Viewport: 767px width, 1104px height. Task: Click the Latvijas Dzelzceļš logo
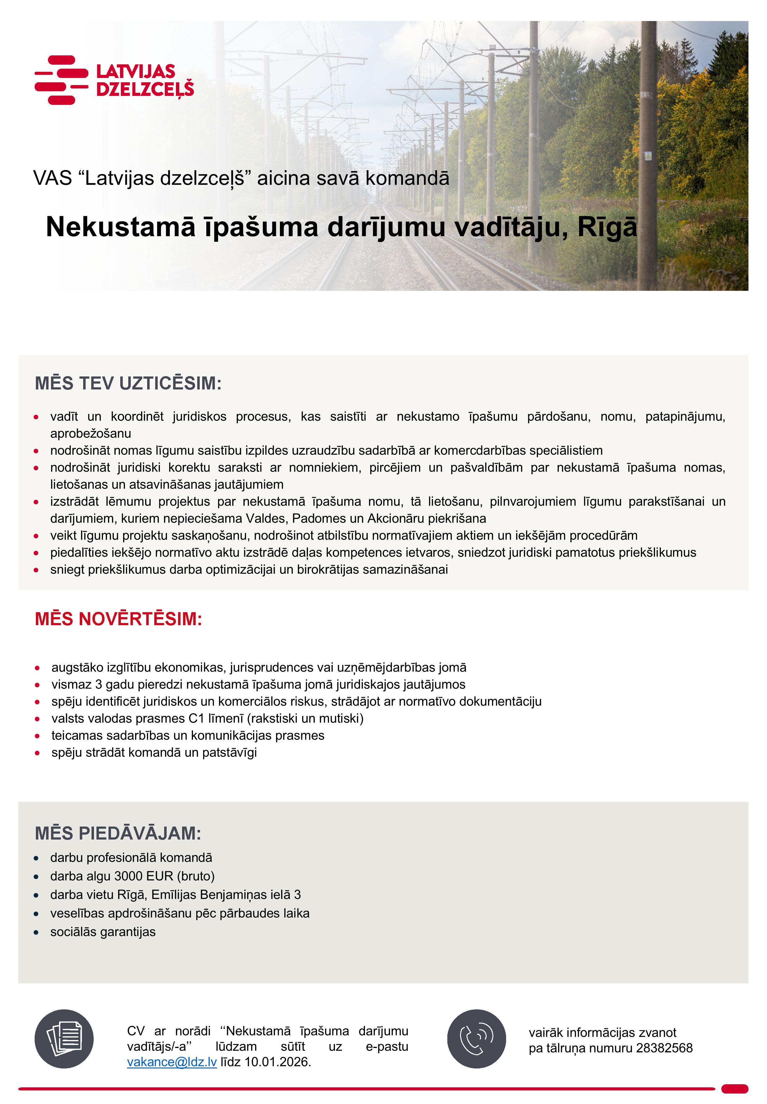pyautogui.click(x=114, y=80)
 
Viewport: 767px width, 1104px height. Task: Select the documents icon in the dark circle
pyautogui.click(x=64, y=1039)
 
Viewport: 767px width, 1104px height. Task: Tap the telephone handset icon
pyautogui.click(x=476, y=1039)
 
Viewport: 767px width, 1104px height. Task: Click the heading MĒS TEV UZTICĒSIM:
pyautogui.click(x=128, y=383)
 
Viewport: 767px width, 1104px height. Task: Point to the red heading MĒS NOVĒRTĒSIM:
pyautogui.click(x=118, y=619)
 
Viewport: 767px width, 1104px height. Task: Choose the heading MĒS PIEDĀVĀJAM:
pyautogui.click(x=118, y=833)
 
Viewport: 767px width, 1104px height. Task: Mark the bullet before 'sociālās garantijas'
pyautogui.click(x=36, y=932)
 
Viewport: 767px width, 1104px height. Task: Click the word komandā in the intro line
pyautogui.click(x=407, y=178)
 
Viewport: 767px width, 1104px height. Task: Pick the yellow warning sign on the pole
pyautogui.click(x=648, y=156)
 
